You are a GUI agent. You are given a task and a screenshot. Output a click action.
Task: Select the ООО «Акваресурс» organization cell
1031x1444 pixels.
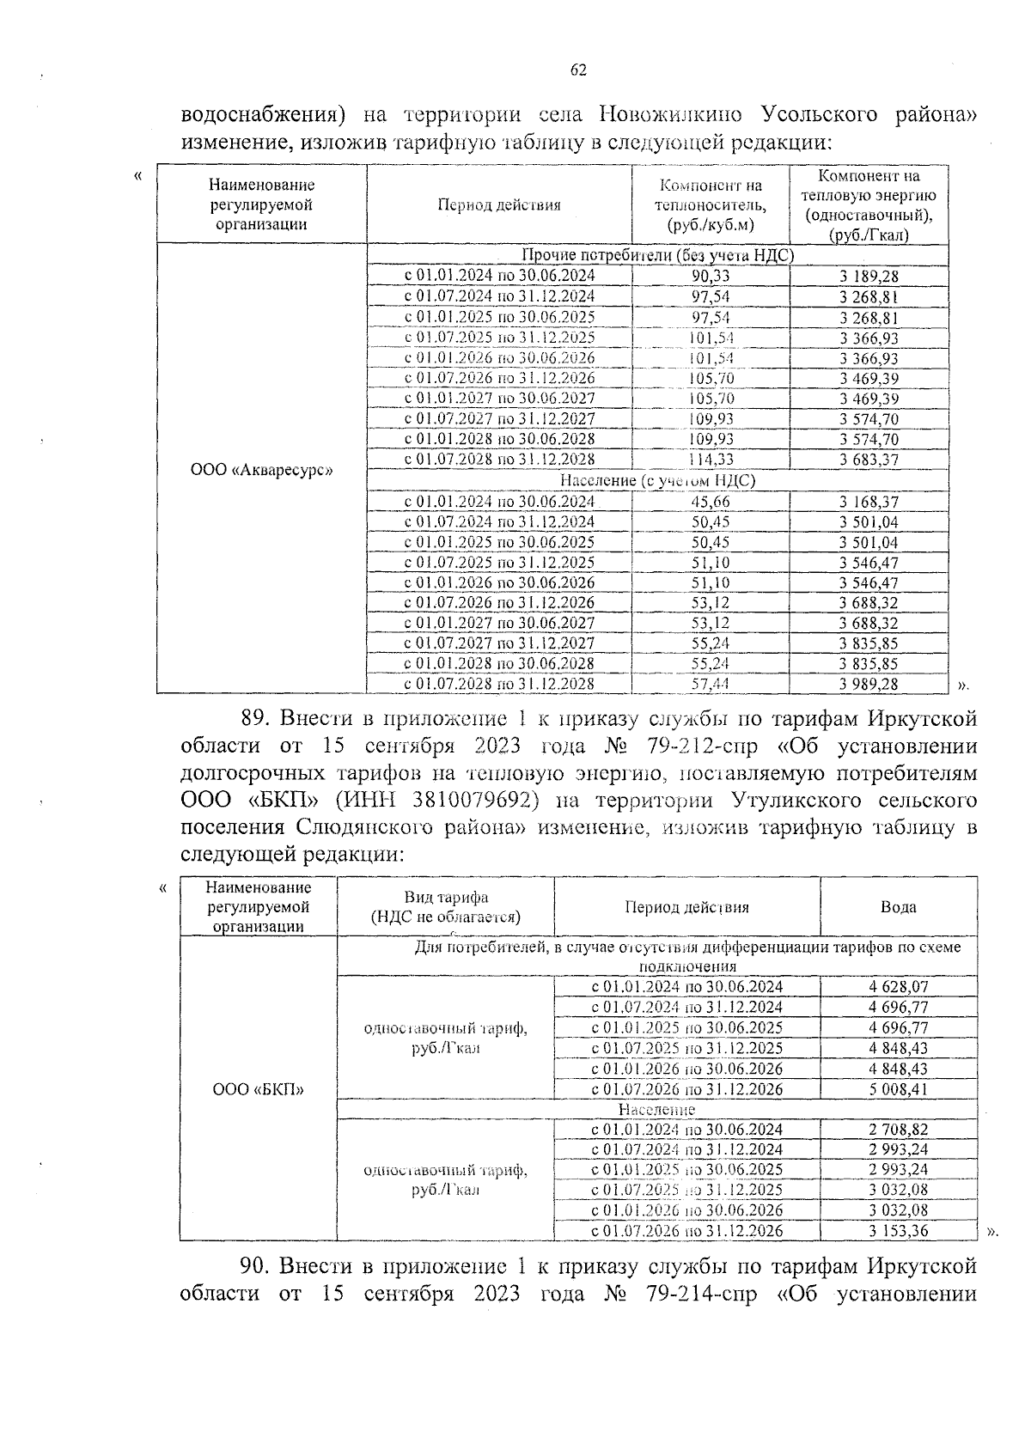[x=260, y=470]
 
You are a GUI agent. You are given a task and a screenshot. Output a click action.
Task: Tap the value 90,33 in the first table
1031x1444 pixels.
[x=711, y=276]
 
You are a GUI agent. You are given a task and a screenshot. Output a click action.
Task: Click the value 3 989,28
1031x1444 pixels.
[x=869, y=685]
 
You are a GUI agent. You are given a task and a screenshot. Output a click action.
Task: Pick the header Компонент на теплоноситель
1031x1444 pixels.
[x=711, y=205]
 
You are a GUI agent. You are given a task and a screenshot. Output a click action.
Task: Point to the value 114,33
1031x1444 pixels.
[x=711, y=460]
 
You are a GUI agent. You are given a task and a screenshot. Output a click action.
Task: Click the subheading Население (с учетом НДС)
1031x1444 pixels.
[x=657, y=481]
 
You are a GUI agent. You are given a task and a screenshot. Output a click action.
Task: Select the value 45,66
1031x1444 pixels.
[x=711, y=502]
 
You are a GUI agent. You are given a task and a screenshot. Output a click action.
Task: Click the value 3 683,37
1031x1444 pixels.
[x=869, y=460]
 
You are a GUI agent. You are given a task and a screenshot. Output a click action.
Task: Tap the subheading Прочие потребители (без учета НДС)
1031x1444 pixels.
[x=657, y=255]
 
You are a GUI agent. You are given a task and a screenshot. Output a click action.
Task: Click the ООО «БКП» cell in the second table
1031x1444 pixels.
[x=259, y=1089]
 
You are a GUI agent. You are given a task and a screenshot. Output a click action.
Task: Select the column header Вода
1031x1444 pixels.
[x=898, y=907]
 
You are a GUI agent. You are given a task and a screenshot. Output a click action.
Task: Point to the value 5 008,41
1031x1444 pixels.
[x=898, y=1089]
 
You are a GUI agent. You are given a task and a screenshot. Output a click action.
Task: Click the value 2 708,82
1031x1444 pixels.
[x=898, y=1130]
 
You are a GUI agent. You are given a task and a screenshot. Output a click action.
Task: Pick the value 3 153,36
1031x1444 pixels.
[x=898, y=1231]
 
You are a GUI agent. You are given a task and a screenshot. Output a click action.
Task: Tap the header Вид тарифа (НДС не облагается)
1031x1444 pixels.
[x=445, y=907]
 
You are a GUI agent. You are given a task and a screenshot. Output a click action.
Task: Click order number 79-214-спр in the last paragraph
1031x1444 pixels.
[x=699, y=1293]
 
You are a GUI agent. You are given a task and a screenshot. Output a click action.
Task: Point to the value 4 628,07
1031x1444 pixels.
[x=898, y=988]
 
